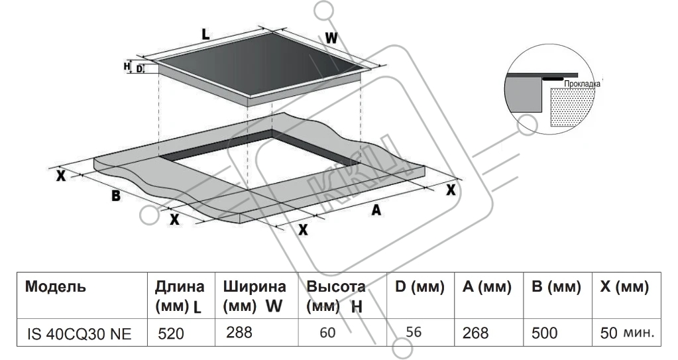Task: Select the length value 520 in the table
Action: [171, 334]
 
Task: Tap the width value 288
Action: [239, 332]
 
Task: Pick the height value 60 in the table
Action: [327, 333]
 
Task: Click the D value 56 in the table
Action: [414, 332]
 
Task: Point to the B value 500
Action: [544, 333]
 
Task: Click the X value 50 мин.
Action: [627, 333]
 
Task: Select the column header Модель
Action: [55, 288]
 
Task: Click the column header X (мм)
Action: [624, 288]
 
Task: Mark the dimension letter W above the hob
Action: [331, 38]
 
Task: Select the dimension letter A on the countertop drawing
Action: [376, 210]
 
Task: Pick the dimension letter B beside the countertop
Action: [115, 196]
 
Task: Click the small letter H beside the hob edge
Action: [127, 66]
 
